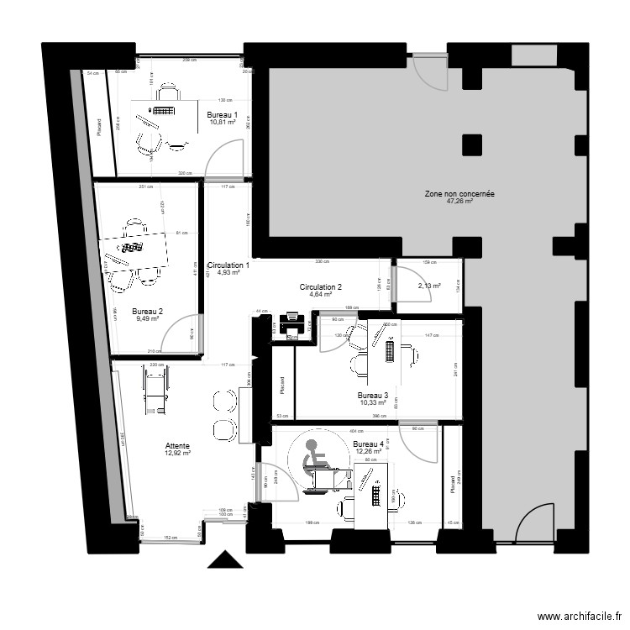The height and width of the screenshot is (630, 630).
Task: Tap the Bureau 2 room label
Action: [x=149, y=311]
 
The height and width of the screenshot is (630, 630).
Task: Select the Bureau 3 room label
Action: [x=372, y=396]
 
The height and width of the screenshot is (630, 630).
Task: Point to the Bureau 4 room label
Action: [x=369, y=444]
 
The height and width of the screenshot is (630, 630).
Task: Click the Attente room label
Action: [x=177, y=446]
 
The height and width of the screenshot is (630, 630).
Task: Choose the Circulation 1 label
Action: [x=228, y=265]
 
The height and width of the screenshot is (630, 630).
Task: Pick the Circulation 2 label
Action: [x=321, y=287]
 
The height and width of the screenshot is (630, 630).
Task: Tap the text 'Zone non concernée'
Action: [x=459, y=194]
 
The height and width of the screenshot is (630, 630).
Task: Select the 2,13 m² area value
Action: [x=429, y=286]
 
